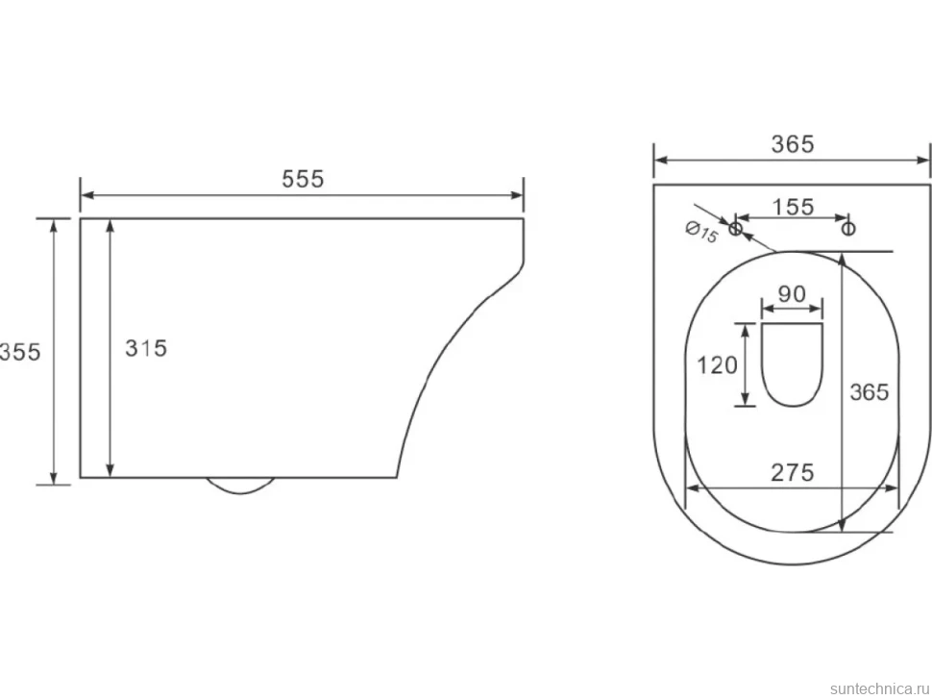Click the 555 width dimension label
click(x=303, y=179)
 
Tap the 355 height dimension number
click(x=20, y=352)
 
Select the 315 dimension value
click(x=146, y=348)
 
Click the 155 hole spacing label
click(x=793, y=207)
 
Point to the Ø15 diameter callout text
click(x=702, y=232)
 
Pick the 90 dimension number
click(x=793, y=294)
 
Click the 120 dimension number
click(x=717, y=365)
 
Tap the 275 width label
click(x=793, y=473)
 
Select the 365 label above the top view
click(x=793, y=144)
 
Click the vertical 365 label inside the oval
click(x=869, y=392)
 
